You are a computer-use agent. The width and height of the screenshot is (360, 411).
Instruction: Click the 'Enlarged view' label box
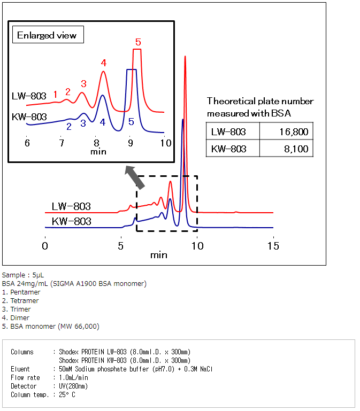(x=47, y=36)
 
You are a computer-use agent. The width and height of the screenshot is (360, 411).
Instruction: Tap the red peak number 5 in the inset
(x=138, y=42)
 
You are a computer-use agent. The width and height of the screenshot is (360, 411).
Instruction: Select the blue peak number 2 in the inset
(x=68, y=126)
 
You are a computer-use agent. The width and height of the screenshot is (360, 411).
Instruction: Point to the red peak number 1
(x=55, y=94)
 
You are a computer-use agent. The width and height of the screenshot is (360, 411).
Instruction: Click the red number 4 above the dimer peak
(x=104, y=63)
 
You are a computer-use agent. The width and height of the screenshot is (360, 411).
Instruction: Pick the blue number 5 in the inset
(x=131, y=122)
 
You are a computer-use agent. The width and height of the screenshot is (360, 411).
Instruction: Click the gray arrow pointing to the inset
(x=134, y=177)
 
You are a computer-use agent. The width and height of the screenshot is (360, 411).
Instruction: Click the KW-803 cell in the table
(x=229, y=149)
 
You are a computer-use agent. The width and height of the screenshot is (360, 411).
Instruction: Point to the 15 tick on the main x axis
(x=273, y=246)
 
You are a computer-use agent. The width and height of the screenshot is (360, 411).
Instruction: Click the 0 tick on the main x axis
(x=45, y=246)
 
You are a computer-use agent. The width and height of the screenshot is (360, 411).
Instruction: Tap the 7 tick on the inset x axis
(x=62, y=143)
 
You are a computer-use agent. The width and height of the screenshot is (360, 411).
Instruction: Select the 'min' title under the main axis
(x=158, y=255)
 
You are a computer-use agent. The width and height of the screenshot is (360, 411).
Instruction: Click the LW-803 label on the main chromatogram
(x=71, y=206)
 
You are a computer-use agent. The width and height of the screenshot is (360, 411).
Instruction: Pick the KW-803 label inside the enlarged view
(x=29, y=117)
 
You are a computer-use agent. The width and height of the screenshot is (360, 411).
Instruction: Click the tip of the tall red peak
(x=185, y=56)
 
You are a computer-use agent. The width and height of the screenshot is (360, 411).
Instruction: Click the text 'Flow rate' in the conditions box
(x=25, y=377)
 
